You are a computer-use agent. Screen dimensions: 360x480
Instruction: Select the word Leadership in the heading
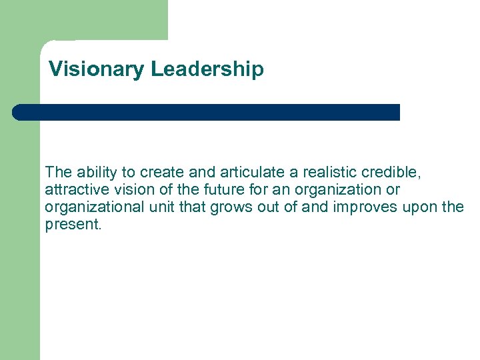[207, 69]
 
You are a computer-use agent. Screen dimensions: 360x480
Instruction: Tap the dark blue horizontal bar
[207, 112]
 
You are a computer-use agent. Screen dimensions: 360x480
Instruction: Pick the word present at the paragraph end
[73, 225]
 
